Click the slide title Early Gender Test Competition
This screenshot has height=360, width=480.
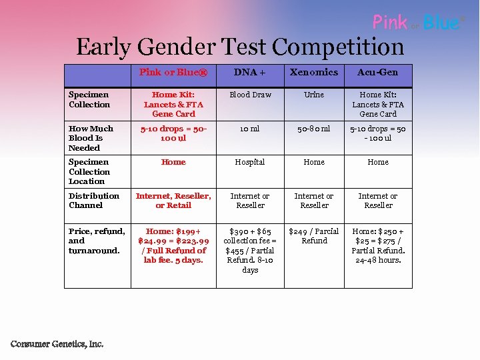240,47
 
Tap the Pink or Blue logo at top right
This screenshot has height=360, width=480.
417,23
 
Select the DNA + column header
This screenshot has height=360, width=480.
250,72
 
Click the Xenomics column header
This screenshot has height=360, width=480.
314,72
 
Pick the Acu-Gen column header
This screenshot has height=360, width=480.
378,72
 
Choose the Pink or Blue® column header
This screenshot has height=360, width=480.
173,72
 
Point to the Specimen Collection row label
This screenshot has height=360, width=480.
89,99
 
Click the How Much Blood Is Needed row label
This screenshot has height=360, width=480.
91,138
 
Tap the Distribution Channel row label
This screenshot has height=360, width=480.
94,200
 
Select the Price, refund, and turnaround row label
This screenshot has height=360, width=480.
97,241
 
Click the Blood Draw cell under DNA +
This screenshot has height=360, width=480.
250,95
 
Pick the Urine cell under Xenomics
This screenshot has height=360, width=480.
314,95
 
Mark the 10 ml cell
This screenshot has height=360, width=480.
250,129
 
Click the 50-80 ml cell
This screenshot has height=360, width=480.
314,129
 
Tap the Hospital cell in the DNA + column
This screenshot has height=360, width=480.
250,162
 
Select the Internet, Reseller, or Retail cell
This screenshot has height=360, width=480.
173,200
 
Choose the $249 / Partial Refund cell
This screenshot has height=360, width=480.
314,236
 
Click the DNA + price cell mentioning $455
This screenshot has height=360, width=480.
250,251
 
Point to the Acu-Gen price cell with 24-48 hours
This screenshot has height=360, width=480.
378,245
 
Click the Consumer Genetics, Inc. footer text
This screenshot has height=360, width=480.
57,344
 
